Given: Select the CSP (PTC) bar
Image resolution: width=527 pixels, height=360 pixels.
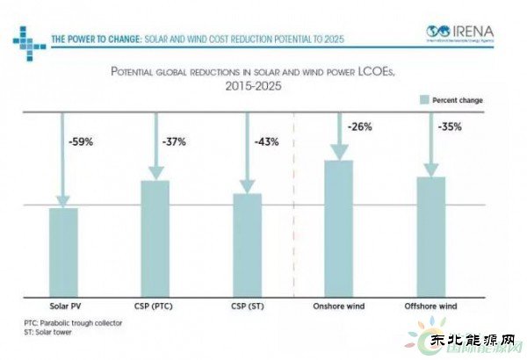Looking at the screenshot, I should tap(155, 237).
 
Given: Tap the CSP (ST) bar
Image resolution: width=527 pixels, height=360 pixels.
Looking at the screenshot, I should tap(247, 243).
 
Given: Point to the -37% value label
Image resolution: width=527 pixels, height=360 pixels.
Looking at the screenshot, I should tap(174, 140).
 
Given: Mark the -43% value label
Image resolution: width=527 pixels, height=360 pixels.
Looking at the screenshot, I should tap(266, 141).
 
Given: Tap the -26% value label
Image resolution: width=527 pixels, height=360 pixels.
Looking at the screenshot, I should tap(359, 126).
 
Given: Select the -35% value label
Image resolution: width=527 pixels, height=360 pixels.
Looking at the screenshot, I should tap(451, 127).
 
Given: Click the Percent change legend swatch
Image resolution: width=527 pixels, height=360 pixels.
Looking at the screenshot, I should tap(423, 100).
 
